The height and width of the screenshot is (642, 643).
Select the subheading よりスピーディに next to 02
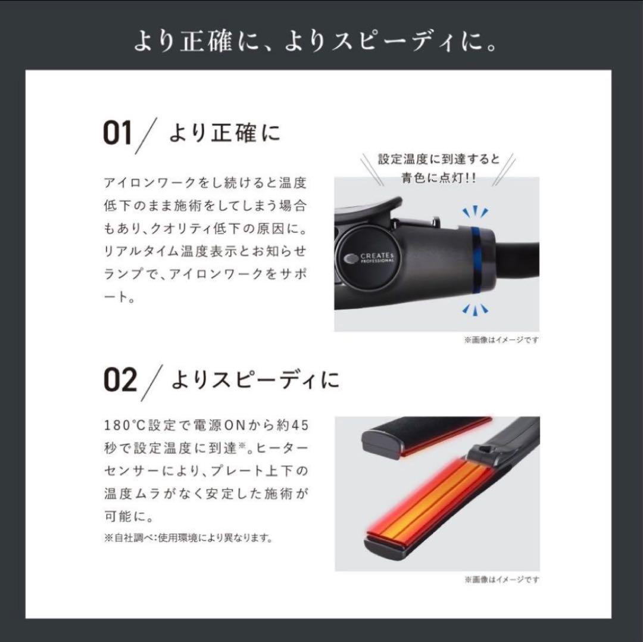255,380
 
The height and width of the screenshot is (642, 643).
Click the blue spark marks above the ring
475,212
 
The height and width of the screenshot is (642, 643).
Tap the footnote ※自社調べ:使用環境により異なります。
188,538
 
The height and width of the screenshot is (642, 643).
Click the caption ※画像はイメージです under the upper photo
502,340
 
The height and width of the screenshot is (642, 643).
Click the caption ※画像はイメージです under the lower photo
502,579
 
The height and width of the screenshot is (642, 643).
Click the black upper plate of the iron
423,434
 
